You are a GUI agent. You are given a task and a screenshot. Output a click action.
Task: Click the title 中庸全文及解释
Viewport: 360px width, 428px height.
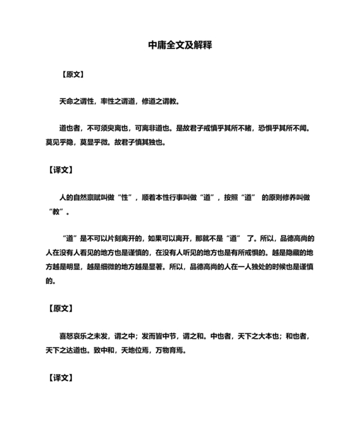click(x=180, y=46)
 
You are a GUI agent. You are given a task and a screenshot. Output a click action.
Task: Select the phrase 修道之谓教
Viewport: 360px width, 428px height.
click(x=160, y=101)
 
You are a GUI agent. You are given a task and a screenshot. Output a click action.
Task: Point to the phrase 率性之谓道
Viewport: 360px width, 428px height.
click(x=117, y=101)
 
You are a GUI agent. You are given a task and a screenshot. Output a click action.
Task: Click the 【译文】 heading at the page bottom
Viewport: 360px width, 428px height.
click(x=61, y=377)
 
